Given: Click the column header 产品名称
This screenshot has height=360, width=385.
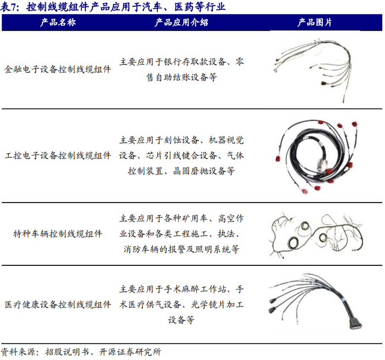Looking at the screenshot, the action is point(58,23).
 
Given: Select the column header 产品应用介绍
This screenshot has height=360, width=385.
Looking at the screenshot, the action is point(182,23).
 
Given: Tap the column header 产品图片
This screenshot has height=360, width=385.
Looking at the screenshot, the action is point(315,23).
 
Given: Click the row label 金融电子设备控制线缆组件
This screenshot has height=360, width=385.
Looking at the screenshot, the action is point(58,69).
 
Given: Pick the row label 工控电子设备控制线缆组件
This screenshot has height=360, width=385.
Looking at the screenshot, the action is point(58,156).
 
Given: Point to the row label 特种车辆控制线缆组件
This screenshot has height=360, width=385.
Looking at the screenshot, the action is point(58,234).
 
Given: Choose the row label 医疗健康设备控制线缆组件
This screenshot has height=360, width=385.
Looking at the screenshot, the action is point(58,305).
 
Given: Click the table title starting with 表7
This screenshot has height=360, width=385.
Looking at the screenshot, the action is point(113,7).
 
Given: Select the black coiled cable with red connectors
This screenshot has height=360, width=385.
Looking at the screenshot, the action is point(316,156).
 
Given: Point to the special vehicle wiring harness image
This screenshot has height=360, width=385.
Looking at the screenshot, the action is point(316,235).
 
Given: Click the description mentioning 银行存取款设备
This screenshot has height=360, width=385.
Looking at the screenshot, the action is point(182,69).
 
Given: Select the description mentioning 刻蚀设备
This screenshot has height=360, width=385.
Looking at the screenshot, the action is point(182,156).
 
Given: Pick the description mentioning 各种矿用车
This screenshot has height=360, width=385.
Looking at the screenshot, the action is point(182,234).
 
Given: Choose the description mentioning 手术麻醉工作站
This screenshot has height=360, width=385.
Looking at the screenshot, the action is point(182,305).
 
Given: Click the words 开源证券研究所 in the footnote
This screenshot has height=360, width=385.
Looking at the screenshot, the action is point(130,352).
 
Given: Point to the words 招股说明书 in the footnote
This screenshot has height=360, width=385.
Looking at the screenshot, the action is point(67,352).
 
